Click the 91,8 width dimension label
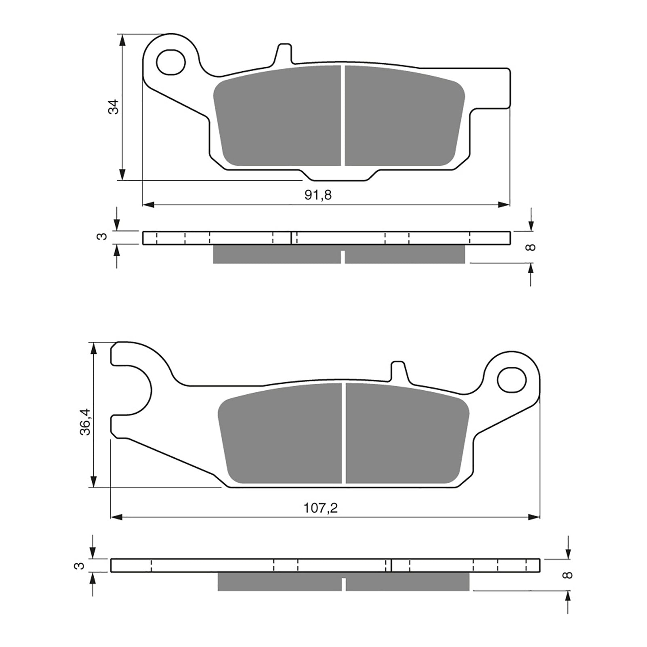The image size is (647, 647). coord(318,195)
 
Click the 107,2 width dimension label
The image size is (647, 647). coord(321,508)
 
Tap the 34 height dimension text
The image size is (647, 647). coord(115,106)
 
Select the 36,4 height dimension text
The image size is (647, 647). coord(86,422)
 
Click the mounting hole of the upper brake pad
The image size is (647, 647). coord(171,63)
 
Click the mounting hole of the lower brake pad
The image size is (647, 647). coord(512,380)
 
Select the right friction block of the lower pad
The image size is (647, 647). coord(406,435)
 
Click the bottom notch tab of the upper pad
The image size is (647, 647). coord(340,175)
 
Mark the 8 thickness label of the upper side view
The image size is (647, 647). coord(532,247)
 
